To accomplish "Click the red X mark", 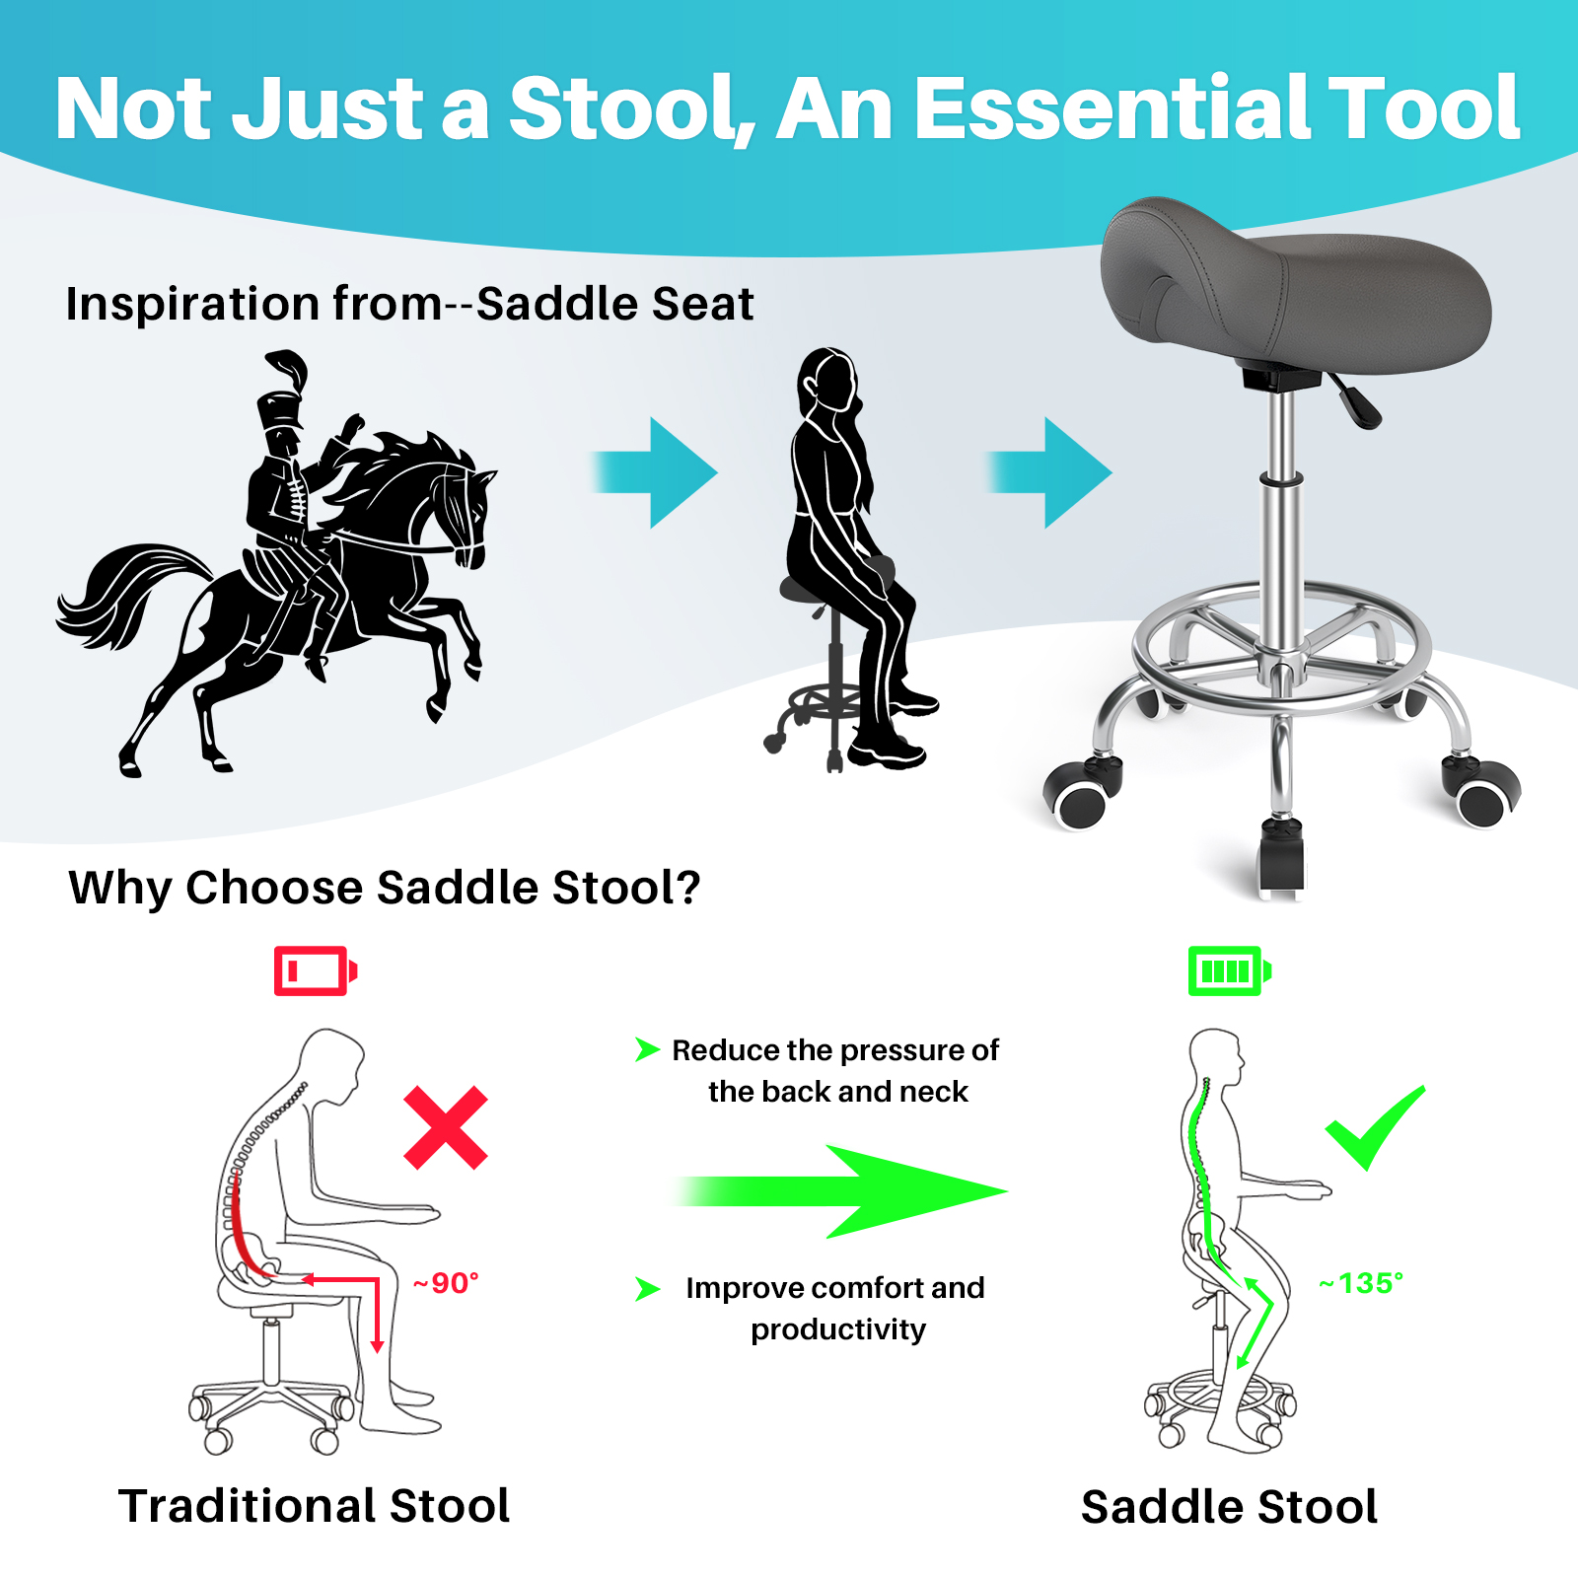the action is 446,1127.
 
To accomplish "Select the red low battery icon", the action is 316,970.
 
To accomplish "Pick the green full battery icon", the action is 1230,970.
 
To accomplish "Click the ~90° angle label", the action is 446,1283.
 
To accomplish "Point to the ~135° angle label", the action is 1361,1283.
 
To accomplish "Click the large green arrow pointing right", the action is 840,1191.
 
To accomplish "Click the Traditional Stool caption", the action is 315,1506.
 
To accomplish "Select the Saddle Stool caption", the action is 1230,1507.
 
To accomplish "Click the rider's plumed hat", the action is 283,391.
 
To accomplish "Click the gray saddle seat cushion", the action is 1294,286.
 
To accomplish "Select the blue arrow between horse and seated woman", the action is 654,472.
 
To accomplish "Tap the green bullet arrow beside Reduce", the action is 647,1049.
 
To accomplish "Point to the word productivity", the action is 838,1330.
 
